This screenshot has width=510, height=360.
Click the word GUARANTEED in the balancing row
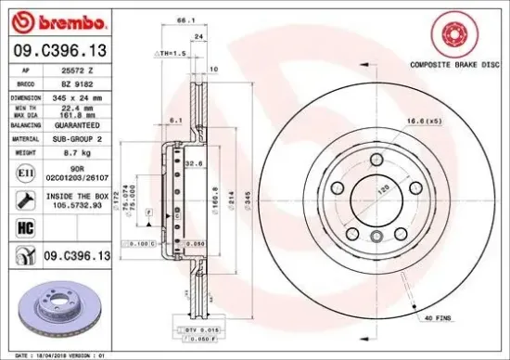[78, 123]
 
